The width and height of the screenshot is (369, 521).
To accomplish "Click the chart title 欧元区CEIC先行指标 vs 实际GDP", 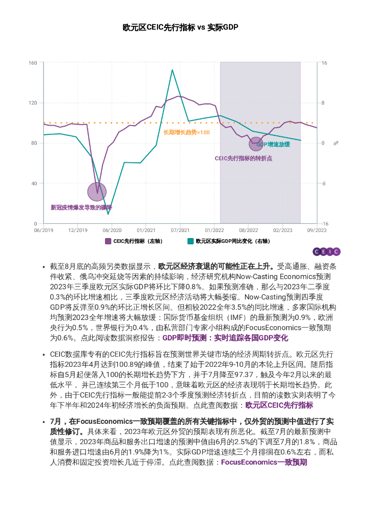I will click(180, 27).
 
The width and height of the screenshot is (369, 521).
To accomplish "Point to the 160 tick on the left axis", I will click(33, 63).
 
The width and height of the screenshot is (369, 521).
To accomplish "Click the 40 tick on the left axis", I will click(34, 184).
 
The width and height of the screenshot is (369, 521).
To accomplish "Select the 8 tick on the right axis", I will click(323, 103).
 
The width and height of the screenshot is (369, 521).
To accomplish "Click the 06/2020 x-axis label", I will click(112, 230).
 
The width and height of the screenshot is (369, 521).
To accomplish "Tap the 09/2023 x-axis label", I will click(317, 230).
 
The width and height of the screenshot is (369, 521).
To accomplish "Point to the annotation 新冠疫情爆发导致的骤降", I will click(81, 208).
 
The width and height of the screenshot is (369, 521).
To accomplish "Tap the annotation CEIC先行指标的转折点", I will click(243, 158).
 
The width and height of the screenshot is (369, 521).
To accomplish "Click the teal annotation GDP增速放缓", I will click(273, 144).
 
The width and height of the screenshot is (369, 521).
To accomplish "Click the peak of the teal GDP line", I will click(172, 70).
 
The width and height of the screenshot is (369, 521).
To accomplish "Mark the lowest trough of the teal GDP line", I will click(108, 214).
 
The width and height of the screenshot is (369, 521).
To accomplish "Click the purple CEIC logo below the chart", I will click(326, 251).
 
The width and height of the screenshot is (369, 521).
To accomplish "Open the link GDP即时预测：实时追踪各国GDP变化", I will click(225, 338).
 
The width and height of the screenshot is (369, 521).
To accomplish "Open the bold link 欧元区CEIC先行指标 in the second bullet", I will click(279, 406).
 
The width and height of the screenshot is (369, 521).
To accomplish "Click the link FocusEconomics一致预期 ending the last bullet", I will click(264, 462).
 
